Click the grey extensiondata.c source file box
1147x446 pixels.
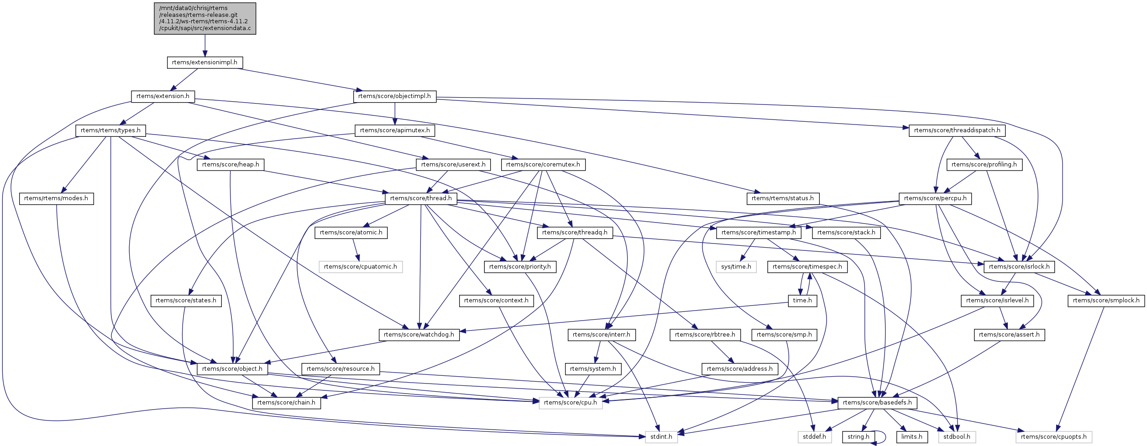click(205, 18)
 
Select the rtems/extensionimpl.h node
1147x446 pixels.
click(204, 62)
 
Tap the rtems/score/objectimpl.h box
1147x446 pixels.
click(394, 96)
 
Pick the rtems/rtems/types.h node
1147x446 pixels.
click(110, 130)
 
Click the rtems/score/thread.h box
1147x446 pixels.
click(421, 198)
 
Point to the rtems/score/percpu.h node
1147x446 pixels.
click(935, 198)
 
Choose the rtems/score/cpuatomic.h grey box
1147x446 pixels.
click(360, 267)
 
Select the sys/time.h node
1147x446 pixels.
click(736, 267)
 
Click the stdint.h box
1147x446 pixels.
click(661, 437)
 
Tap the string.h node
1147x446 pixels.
click(858, 437)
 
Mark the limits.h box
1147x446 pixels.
click(911, 437)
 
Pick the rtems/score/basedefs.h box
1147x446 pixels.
click(877, 403)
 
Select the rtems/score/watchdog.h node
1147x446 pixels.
click(419, 335)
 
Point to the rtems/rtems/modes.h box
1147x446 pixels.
click(56, 198)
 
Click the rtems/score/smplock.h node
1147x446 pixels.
click(1106, 301)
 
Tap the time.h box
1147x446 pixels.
click(802, 301)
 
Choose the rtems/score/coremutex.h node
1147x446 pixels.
click(543, 165)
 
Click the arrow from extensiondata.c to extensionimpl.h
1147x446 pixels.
click(205, 46)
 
